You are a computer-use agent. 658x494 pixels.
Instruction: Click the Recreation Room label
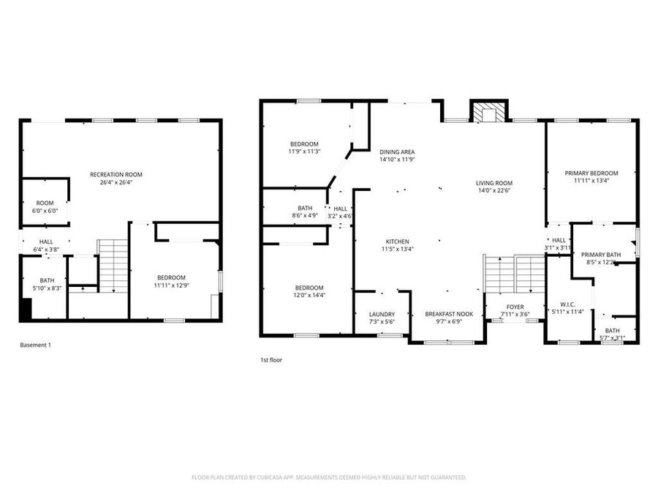116,174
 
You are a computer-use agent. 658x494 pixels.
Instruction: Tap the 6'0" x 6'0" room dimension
45,211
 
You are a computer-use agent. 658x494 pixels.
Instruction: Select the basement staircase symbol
113,265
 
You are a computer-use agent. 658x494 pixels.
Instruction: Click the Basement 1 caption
34,345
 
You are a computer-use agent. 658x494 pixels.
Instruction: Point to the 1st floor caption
271,360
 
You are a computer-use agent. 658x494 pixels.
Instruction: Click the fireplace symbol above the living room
486,112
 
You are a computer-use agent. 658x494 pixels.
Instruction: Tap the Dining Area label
397,151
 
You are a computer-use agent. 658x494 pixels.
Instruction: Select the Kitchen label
398,242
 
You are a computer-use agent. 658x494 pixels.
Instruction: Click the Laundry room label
382,314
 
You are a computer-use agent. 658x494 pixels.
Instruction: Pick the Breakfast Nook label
449,314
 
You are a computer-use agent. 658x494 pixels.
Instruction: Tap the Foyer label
515,307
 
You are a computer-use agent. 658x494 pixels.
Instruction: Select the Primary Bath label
601,254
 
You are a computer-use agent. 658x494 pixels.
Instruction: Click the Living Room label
494,184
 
